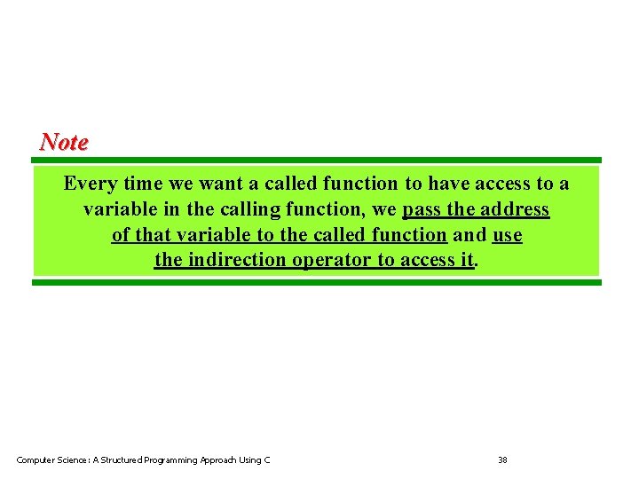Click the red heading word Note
[64, 142]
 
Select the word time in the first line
[142, 185]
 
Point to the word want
[220, 185]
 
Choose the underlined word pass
[422, 210]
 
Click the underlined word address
[514, 210]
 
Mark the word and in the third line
[469, 235]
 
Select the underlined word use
[507, 235]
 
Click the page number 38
[502, 459]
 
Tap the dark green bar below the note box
[317, 283]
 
